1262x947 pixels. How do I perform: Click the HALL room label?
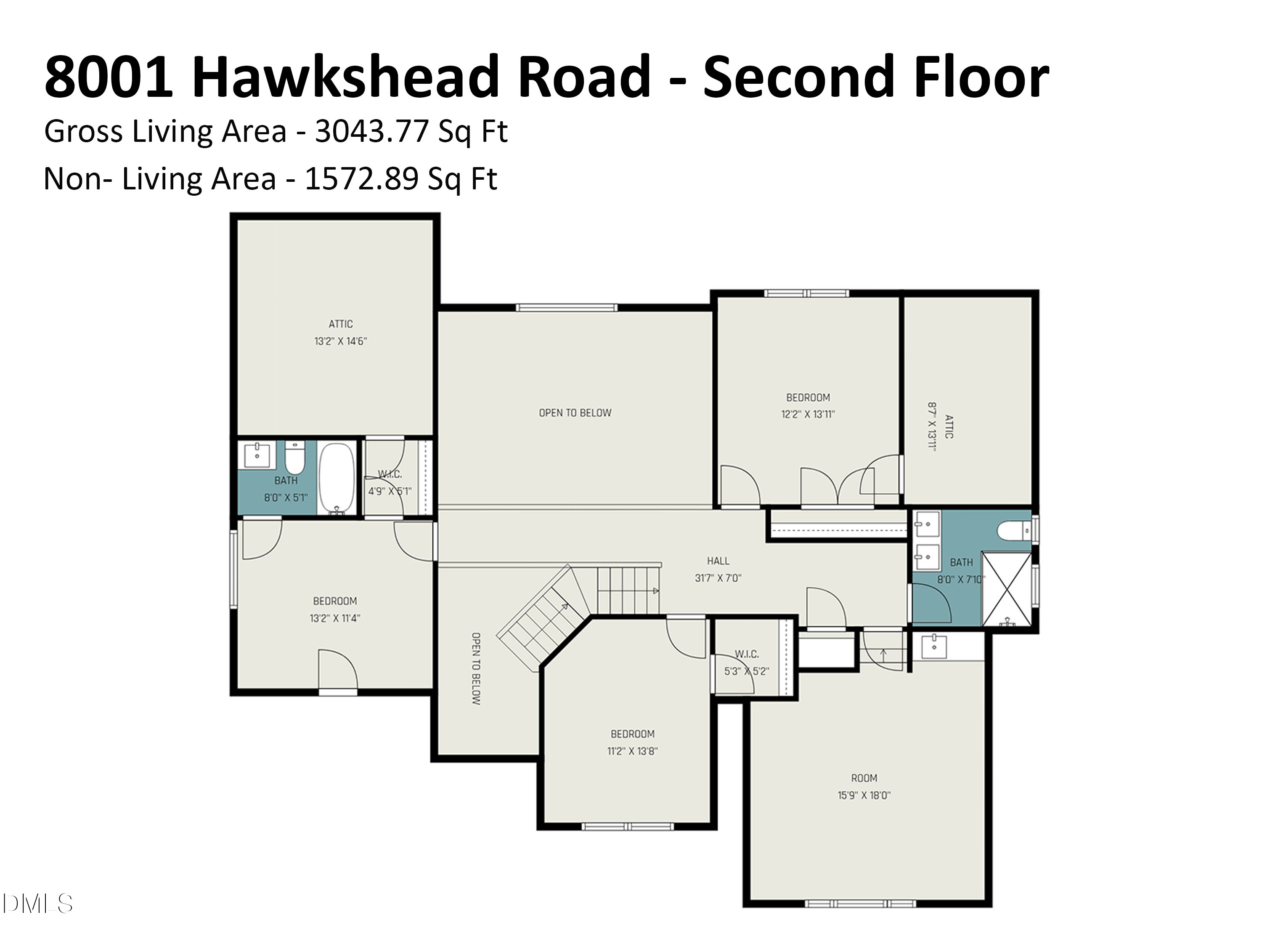(718, 561)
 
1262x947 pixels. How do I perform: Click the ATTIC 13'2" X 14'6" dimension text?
(341, 341)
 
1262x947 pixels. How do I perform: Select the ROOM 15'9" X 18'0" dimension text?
(864, 795)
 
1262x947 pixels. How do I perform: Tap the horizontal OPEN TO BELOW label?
(575, 413)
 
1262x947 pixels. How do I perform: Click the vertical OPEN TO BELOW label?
(476, 668)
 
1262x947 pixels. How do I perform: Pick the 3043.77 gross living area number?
(371, 132)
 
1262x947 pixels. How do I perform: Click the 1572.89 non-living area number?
(361, 179)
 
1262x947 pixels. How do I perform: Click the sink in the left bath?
(257, 455)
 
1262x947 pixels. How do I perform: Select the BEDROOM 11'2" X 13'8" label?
(632, 742)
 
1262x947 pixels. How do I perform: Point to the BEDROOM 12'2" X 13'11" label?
(808, 406)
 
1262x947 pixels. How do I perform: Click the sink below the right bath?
(934, 647)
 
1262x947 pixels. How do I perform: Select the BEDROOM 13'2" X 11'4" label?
(335, 609)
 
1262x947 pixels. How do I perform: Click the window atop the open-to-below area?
(567, 308)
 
